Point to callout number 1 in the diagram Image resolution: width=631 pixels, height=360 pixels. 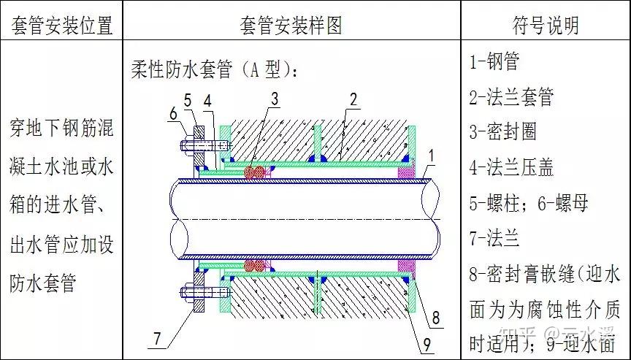pos(432,155)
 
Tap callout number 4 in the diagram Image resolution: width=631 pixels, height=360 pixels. pos(210,100)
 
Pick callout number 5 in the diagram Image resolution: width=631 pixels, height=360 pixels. pos(188,100)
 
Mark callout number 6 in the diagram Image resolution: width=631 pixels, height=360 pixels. pos(173,113)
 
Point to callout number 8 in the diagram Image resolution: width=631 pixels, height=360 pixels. pos(436,317)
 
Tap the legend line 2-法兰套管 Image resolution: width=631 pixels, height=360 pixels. pos(511,96)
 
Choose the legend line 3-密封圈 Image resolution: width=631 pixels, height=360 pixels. pos(503,131)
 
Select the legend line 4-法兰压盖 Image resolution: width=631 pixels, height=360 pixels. pos(511,167)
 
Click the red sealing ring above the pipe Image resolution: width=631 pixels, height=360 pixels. pos(256,172)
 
